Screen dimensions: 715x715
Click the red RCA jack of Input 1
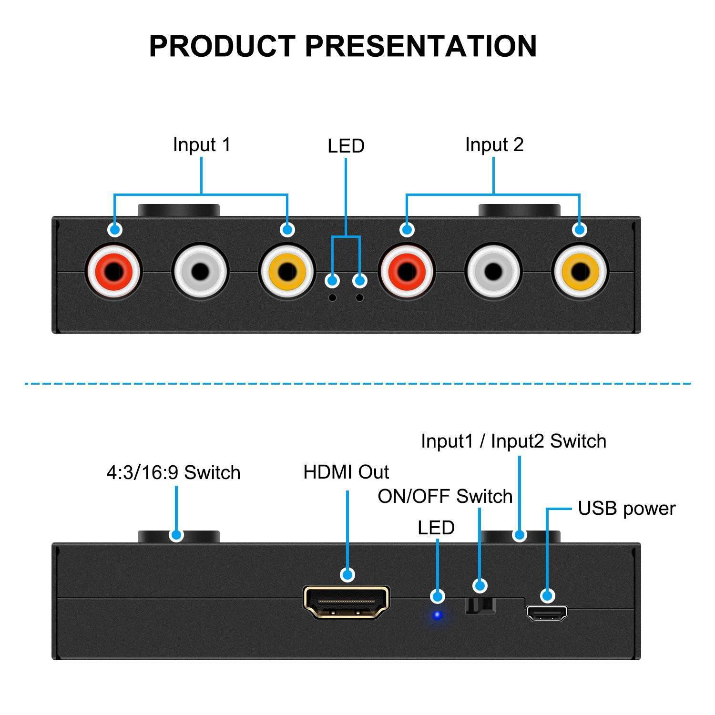point(113,272)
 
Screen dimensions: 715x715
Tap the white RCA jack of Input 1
point(200,272)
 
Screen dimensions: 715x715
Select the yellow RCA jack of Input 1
point(286,272)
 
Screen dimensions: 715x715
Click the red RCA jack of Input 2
point(406,272)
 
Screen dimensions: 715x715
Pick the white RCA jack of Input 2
point(493,272)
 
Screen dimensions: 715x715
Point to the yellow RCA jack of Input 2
point(580,272)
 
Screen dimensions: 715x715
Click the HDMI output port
point(347,603)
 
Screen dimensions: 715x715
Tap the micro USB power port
point(547,613)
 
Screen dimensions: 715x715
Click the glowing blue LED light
point(437,615)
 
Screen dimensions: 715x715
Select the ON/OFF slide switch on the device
point(480,605)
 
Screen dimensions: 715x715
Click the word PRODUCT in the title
point(222,46)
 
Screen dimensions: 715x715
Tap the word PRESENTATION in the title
point(420,46)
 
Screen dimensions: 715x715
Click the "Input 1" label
point(202,145)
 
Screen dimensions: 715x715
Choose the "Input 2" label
point(494,145)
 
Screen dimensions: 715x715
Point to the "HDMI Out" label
point(346,472)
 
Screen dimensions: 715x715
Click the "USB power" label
point(626,509)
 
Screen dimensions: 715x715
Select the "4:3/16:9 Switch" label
point(174,473)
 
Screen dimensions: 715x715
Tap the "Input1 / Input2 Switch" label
point(513,441)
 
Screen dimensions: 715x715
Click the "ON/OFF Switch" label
point(445,497)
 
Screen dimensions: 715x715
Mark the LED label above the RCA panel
point(346,146)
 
